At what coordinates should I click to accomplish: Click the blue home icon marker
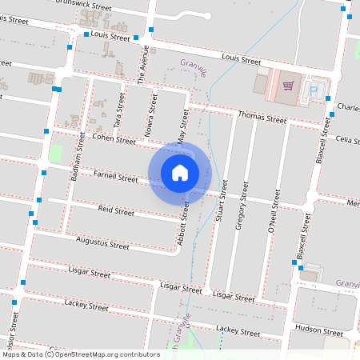point(180,173)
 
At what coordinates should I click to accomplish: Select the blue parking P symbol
point(314,91)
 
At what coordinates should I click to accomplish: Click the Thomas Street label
point(262,118)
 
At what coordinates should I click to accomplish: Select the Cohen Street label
point(114,139)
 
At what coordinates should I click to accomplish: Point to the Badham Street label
point(79,154)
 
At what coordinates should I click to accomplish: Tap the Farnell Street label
point(116,176)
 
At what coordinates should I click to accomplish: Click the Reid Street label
point(116,211)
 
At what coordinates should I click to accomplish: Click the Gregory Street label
point(239,210)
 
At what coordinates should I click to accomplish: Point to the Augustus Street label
point(102,242)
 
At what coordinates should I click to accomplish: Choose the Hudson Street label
point(318,329)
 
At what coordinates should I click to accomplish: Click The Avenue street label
point(144,65)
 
